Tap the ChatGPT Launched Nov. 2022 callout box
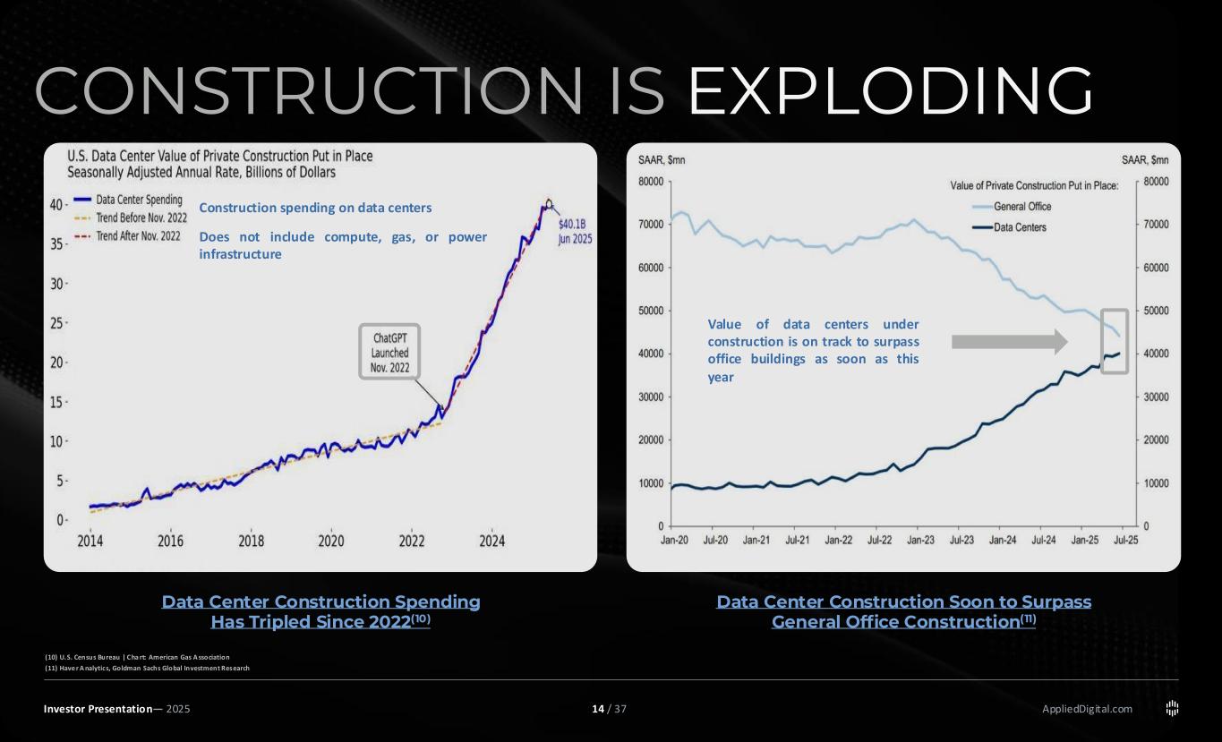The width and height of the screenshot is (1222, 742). [x=389, y=352]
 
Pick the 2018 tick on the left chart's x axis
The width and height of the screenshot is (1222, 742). [x=252, y=541]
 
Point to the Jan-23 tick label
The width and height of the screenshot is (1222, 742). [x=919, y=541]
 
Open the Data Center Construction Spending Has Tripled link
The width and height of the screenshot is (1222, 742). [x=320, y=610]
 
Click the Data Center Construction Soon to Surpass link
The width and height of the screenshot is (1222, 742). [x=903, y=610]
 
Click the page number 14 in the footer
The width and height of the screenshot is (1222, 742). [x=597, y=710]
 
